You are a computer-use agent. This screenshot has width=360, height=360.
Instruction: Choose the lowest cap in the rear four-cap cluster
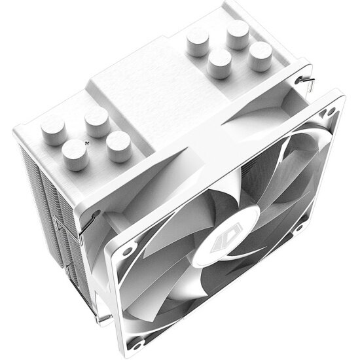(x=219, y=63)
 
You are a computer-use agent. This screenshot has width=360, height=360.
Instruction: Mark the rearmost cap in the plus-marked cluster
(x=96, y=118)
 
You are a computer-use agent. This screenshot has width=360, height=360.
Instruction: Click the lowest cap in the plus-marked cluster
(x=75, y=154)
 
